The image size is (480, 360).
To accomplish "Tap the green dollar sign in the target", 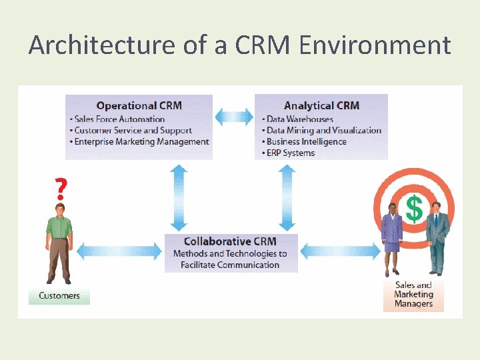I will tap(414, 209).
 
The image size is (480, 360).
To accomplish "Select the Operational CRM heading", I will tap(139, 105).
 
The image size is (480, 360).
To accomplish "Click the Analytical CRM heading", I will tap(321, 105).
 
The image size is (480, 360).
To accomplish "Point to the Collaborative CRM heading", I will tap(230, 241).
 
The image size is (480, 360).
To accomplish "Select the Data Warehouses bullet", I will tap(299, 119).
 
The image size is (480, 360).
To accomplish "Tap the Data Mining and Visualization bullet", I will tap(323, 131).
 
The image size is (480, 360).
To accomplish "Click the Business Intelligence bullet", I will tap(305, 141).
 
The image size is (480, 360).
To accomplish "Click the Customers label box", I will tap(59, 296).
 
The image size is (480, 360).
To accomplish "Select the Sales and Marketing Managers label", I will tap(413, 295).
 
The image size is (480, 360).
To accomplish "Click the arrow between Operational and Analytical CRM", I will tap(233, 117).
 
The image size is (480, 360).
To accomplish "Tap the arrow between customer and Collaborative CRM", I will tap(119, 251).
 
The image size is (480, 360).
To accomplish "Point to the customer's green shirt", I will tap(59, 227).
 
